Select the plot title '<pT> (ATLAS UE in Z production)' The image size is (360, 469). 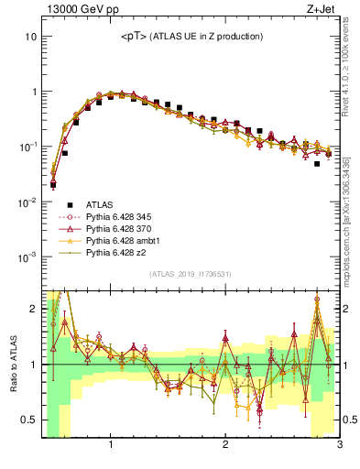point(191,36)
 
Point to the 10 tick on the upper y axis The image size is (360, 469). point(30,37)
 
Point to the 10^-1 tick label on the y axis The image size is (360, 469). point(27,147)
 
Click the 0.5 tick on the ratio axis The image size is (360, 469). point(28,420)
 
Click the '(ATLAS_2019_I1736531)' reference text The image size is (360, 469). point(191,275)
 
